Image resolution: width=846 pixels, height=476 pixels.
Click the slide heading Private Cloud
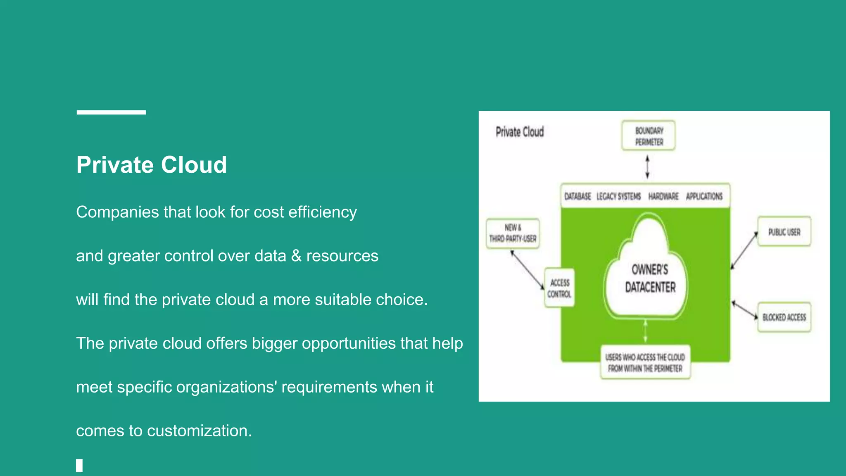(152, 165)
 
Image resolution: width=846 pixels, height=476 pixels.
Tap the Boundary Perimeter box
(649, 136)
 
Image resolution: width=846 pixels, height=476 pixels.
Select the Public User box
(784, 232)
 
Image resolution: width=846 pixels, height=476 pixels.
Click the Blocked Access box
(784, 317)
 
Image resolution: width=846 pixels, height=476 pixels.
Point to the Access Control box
(559, 288)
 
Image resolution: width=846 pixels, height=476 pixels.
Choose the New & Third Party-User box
(513, 233)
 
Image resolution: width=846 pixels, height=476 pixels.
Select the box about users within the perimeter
(645, 362)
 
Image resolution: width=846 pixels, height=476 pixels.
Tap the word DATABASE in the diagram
(577, 196)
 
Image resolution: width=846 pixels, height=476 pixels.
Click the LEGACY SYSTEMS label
(618, 196)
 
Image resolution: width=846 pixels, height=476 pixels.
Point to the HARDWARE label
(663, 196)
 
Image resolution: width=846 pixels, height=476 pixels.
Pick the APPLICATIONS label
(704, 196)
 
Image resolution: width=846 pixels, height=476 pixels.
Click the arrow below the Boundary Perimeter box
(647, 167)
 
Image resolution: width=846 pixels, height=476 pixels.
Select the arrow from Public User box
(744, 250)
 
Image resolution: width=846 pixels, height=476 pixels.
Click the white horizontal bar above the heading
(111, 112)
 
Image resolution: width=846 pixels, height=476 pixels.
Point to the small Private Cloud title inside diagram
(520, 132)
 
